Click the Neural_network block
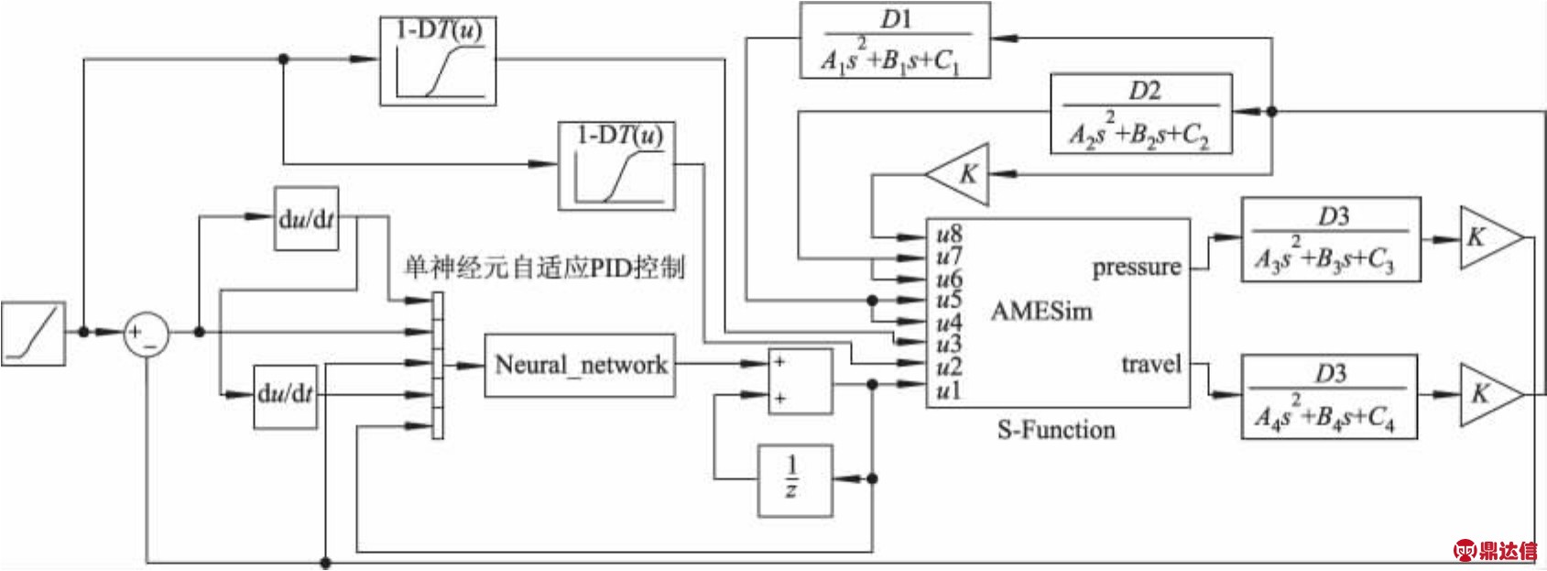coord(580,365)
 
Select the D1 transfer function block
coord(894,40)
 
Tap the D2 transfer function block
coord(1140,114)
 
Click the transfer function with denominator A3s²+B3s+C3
coord(1330,238)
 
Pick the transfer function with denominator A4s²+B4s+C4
coord(1328,396)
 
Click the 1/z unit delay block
coord(794,479)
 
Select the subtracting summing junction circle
coord(147,333)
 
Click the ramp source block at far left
coord(33,333)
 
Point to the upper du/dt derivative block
coord(306,219)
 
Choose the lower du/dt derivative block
coord(285,395)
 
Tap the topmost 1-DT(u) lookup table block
coord(438,60)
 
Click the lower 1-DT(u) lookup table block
coord(616,166)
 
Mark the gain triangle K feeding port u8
coord(960,173)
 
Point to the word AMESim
coord(1041,312)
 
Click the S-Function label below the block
coord(1056,430)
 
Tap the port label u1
coord(949,391)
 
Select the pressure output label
coord(1136,269)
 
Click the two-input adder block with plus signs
coord(800,380)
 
